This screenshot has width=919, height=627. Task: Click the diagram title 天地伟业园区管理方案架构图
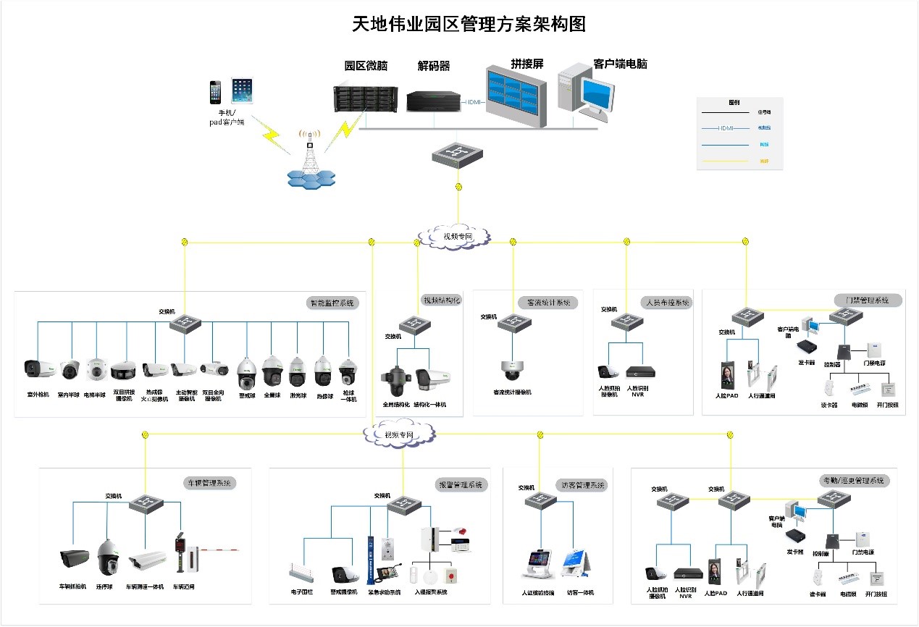pos(469,24)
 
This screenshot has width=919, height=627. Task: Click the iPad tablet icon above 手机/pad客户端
pos(242,91)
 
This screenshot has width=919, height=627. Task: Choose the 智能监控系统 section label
pos(331,303)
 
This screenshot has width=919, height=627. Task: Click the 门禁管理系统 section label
pos(867,300)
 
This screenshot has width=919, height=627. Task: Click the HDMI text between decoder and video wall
pos(474,102)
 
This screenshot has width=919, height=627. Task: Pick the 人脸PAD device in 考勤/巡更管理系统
pos(716,571)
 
